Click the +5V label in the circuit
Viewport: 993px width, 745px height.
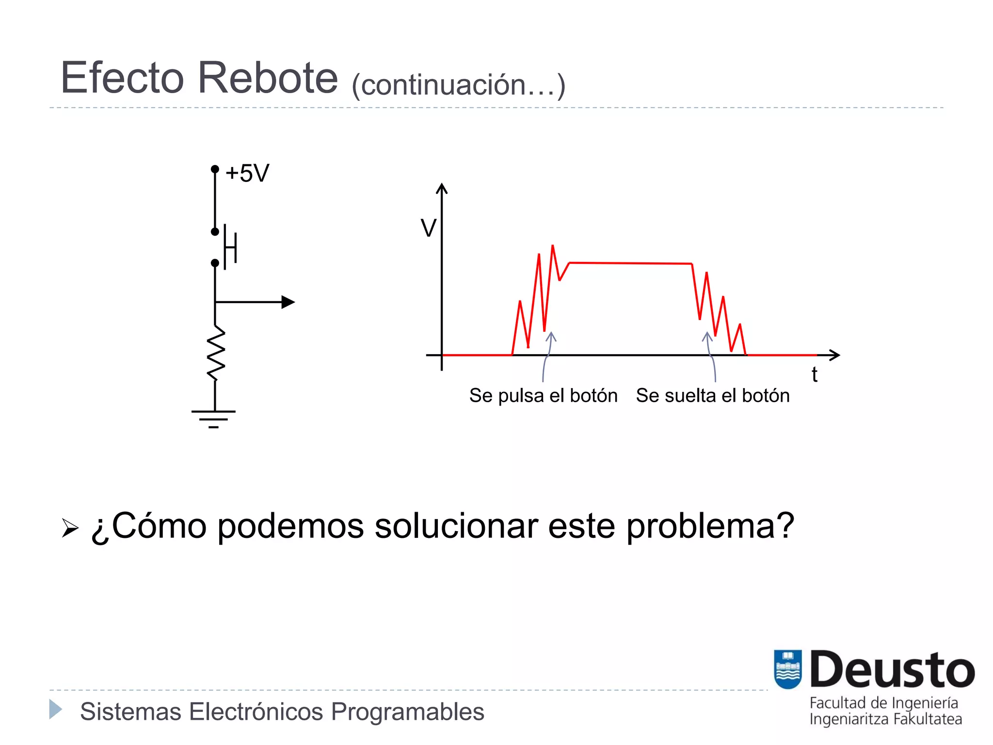247,173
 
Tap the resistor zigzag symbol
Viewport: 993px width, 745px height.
216,353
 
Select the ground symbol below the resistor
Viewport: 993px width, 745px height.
213,418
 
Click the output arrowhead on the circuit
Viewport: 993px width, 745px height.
288,302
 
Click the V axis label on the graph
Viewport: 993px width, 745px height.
428,228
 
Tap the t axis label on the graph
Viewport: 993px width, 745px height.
815,374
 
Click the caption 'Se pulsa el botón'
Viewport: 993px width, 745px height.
543,396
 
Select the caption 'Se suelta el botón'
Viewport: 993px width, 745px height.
713,396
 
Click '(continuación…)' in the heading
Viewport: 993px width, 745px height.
458,85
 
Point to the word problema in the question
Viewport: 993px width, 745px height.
710,526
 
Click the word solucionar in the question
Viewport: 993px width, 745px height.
456,526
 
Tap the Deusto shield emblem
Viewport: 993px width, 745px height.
787,669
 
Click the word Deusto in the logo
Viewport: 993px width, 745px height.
892,670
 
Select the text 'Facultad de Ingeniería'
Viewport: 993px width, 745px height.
883,703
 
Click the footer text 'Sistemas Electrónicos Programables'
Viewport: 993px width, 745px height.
282,712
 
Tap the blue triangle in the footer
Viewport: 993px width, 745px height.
55,709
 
